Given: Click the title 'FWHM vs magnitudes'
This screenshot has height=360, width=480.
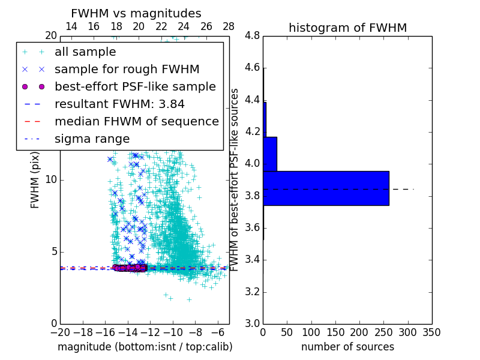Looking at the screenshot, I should (x=136, y=13).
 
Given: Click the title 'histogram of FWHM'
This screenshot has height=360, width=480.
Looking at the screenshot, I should (x=347, y=28).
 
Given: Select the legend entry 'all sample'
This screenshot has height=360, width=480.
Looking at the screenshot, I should (x=85, y=52).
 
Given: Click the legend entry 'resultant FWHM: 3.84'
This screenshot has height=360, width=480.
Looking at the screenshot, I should (x=119, y=104).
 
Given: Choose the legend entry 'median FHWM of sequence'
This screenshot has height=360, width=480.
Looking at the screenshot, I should (x=136, y=121).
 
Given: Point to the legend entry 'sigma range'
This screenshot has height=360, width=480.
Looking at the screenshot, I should (x=92, y=139).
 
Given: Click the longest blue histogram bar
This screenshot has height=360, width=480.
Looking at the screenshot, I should (x=326, y=188).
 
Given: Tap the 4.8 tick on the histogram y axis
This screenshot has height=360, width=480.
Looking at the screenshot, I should (x=252, y=36).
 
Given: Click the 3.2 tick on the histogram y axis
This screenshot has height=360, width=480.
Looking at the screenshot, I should (x=252, y=292).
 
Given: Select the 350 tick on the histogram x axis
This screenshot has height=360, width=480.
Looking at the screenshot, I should (x=431, y=332).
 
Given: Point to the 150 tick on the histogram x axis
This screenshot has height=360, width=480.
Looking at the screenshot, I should (x=335, y=332).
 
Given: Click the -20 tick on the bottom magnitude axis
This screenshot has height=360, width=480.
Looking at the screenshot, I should (x=60, y=332).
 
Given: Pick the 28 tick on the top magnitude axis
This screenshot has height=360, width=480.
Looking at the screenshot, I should (x=229, y=26).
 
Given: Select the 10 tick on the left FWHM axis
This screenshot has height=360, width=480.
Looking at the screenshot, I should (x=51, y=180).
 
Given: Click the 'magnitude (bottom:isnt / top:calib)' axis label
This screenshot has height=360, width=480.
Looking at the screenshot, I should (x=145, y=347).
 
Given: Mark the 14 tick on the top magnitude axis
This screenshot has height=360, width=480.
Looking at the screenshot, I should (x=71, y=26).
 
